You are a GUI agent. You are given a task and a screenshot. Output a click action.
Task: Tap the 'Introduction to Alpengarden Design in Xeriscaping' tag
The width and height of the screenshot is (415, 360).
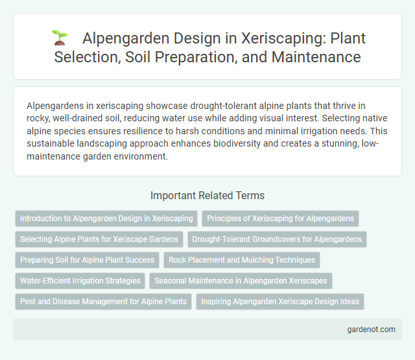[x=106, y=219]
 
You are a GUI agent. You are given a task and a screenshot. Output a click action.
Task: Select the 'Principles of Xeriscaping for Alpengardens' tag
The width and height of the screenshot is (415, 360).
[x=280, y=219]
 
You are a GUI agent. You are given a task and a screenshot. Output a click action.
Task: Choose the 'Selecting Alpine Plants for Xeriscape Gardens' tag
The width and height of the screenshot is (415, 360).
[x=99, y=239]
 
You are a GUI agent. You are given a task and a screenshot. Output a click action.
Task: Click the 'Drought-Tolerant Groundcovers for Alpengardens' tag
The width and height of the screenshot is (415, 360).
[x=277, y=239]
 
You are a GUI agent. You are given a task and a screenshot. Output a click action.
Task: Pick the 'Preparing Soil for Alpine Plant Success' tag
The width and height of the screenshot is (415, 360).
[x=87, y=260]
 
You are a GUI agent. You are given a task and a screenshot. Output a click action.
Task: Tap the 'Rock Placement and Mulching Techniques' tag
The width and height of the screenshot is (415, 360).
[x=241, y=260]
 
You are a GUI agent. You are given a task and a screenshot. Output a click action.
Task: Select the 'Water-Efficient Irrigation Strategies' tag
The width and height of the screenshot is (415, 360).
[x=80, y=281]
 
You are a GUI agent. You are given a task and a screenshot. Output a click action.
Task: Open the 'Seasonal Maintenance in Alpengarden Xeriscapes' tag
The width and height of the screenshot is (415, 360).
[x=241, y=281]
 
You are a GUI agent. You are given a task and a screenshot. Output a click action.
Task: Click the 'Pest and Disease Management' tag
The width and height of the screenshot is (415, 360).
[x=103, y=302]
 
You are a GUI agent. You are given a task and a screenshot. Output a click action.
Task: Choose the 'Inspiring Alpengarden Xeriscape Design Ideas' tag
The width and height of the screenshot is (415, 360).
[x=281, y=302]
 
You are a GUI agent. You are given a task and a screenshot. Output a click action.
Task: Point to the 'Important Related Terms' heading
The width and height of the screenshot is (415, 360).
[x=207, y=195]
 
